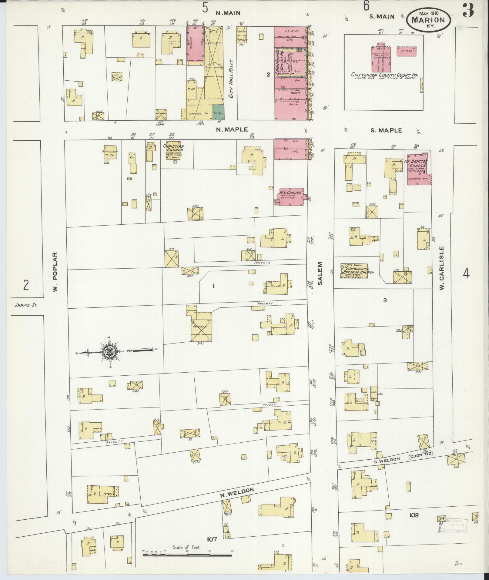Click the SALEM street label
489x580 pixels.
pos(320,273)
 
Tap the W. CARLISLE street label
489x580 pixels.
pos(442,267)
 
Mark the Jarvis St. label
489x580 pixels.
pos(25,306)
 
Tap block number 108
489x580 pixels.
pos(414,515)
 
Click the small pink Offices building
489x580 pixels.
pos(406,51)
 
